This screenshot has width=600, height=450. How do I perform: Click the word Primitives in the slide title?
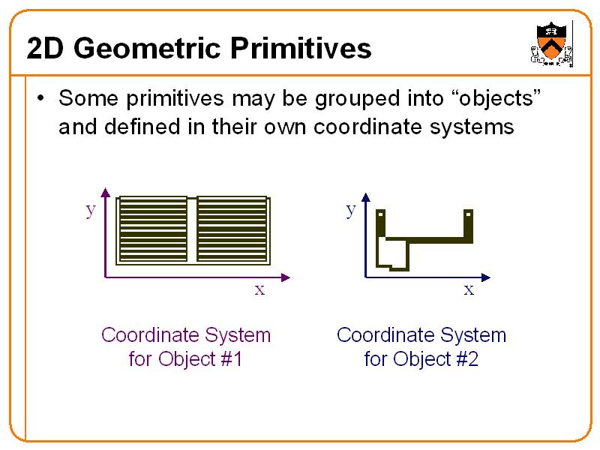300,48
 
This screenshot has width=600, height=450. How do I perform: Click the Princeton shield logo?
551,43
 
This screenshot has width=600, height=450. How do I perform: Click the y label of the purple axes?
91,209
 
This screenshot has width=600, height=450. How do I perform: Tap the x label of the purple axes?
259,289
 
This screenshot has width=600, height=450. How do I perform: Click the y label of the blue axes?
350,209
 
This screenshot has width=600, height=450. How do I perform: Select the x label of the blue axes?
469,289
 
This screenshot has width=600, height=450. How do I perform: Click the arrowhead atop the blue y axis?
366,196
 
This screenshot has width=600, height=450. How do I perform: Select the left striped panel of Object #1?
153,229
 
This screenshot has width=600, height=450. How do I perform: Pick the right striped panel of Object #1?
232,229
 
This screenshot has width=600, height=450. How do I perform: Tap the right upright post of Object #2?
469,224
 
